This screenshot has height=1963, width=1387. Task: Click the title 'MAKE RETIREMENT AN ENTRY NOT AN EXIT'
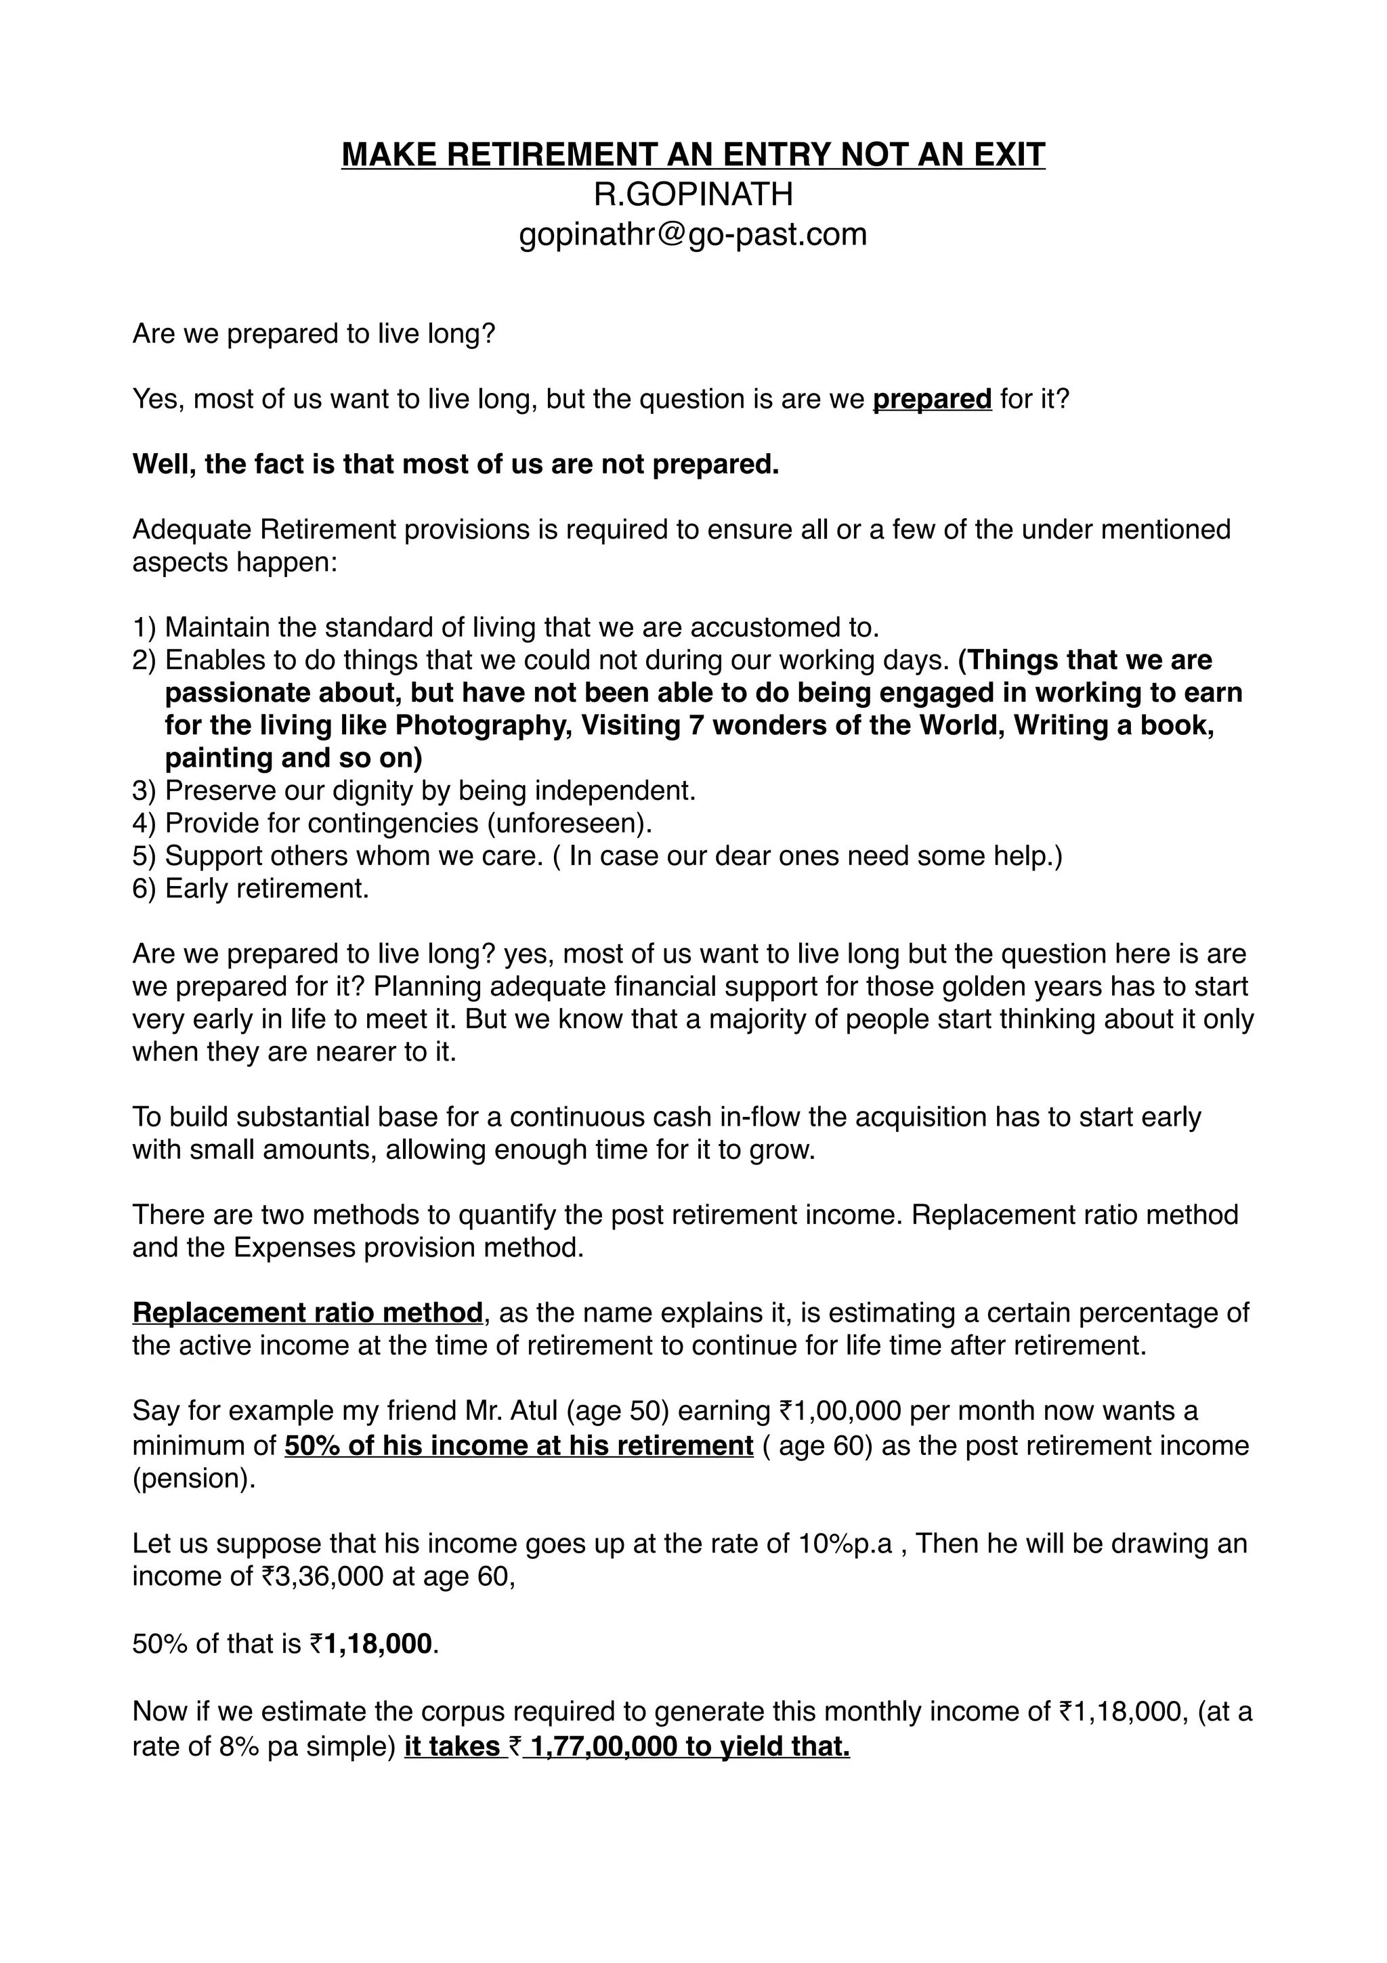693,154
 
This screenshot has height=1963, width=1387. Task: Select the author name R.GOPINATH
693,195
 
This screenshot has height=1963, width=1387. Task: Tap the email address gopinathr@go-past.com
693,234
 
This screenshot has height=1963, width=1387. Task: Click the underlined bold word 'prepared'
931,399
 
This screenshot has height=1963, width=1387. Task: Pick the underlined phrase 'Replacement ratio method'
307,1312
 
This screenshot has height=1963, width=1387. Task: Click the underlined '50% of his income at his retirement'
519,1445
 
